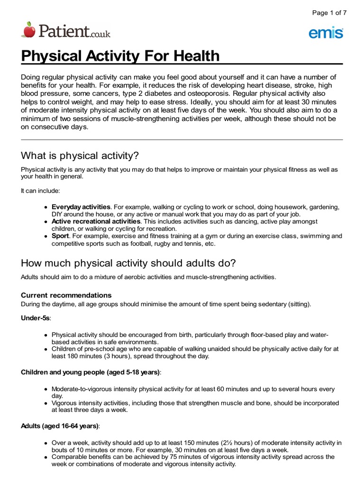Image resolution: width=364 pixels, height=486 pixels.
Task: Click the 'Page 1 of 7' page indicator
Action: click(x=329, y=13)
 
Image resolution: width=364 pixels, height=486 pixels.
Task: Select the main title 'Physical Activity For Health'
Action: click(x=120, y=56)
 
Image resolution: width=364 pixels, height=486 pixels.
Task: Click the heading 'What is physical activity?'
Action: click(x=80, y=156)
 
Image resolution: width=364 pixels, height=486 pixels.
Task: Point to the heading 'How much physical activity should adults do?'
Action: click(x=128, y=263)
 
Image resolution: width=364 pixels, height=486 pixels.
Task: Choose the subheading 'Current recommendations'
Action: click(x=66, y=295)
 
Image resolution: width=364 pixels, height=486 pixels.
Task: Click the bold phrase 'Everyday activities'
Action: click(x=81, y=207)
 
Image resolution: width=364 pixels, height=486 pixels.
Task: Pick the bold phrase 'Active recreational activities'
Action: click(x=96, y=221)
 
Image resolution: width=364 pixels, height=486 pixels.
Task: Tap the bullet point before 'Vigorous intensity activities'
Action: click(x=45, y=403)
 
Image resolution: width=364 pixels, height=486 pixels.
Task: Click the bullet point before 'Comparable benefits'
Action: click(x=45, y=457)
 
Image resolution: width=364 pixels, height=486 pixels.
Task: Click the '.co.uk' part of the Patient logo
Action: click(x=100, y=34)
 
